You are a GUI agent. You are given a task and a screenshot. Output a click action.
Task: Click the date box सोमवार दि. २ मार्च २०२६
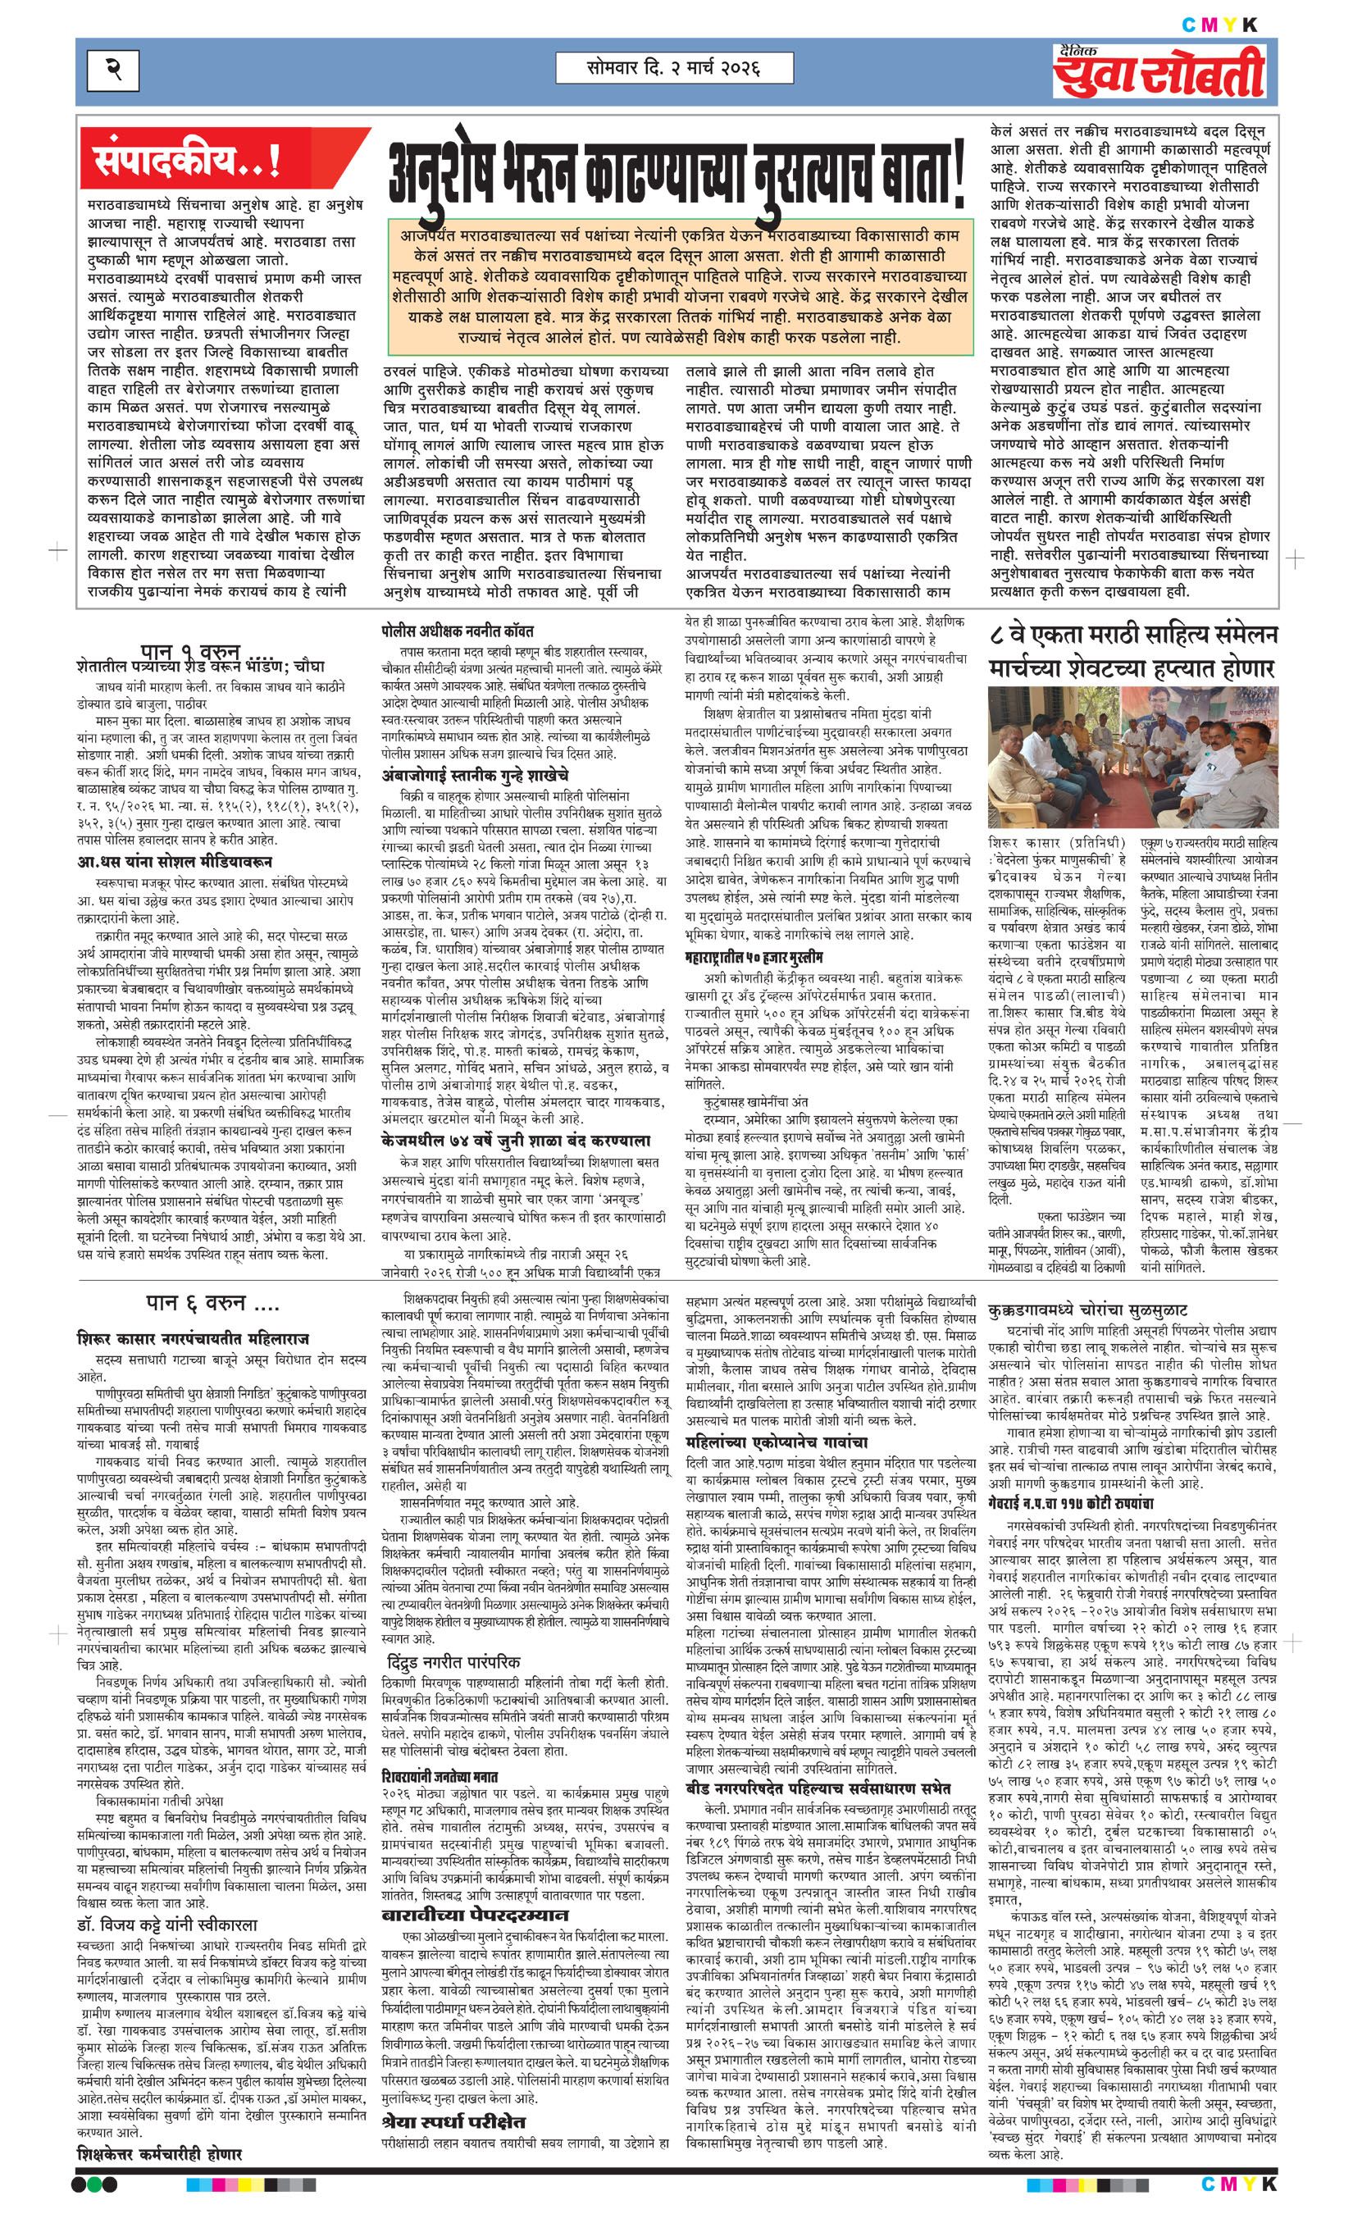point(674,67)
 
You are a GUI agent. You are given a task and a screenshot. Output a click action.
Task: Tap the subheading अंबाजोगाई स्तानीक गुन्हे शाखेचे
point(476,775)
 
